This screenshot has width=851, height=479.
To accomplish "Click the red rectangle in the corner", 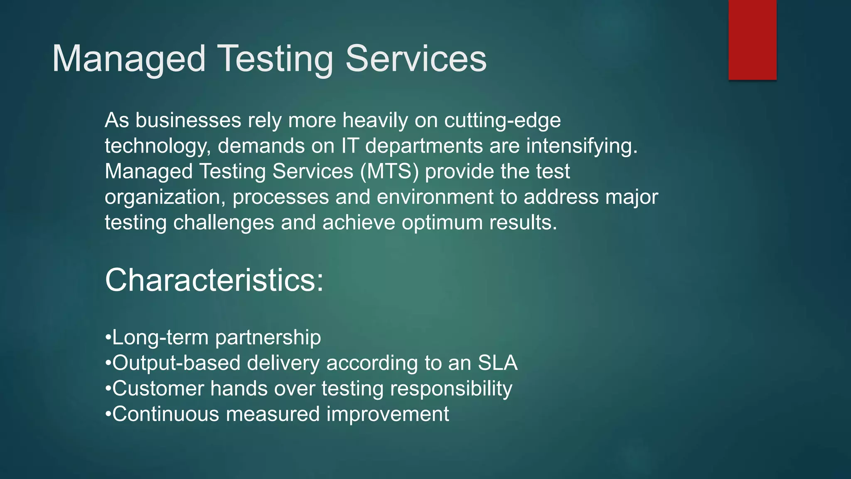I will point(752,40).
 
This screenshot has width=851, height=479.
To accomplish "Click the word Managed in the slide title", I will point(129,59).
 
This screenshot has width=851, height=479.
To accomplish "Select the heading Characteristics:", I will point(214,280).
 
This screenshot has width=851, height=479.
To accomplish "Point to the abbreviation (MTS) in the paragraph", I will point(389,171).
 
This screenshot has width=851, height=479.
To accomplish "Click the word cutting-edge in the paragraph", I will point(502,121).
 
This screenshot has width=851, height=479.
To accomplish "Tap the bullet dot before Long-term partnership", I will point(108,336).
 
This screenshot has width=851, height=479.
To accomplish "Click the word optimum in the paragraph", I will point(442,223).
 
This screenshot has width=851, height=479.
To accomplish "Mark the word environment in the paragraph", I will point(435,197).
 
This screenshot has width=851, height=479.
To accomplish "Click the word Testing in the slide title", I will point(275,59).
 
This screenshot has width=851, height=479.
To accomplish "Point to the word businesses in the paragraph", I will point(188,121).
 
